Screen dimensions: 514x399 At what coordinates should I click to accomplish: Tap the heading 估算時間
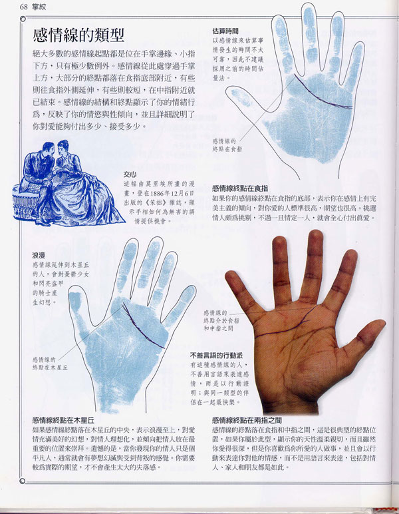click(x=225, y=31)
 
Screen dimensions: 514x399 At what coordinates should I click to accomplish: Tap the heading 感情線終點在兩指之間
click(x=256, y=420)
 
